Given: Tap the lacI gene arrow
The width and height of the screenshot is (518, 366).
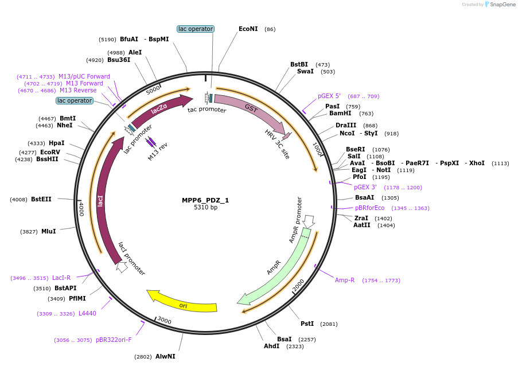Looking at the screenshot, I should point(102,201).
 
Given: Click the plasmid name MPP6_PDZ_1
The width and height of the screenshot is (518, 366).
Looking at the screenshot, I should point(205,200).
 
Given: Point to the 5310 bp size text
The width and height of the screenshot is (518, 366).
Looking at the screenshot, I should point(205,208).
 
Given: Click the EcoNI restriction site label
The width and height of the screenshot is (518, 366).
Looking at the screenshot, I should point(248,29).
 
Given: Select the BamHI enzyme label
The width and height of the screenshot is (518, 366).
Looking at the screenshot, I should point(340,114).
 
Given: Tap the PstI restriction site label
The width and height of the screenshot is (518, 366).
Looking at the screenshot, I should point(307,324).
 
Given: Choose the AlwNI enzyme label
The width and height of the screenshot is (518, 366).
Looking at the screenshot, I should point(165,357).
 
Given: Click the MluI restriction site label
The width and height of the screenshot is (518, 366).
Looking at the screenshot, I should point(48,232).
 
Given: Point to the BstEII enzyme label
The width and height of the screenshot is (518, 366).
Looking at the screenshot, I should point(41,200).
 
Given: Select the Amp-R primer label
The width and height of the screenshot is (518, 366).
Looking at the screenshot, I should point(345,281).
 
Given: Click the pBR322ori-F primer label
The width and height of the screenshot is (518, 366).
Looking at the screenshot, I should point(114,340).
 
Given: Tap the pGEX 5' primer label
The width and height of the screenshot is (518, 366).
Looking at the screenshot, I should point(329,96).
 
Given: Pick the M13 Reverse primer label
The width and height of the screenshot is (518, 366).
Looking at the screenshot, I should point(78,91).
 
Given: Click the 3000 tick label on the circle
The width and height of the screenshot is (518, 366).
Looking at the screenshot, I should point(165,320).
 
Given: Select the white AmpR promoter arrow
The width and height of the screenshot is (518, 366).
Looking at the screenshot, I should point(309,221).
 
